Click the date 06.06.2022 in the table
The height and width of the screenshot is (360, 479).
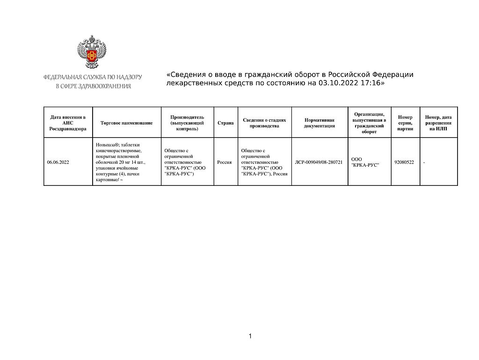pos(58,162)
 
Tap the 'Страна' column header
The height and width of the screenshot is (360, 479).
pos(225,123)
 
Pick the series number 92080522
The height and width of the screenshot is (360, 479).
pos(404,162)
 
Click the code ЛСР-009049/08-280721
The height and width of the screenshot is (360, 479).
pos(319,162)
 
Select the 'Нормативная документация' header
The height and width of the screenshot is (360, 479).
pos(319,123)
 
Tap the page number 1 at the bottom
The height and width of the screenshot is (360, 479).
pos(250,336)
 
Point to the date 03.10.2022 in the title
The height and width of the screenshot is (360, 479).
pos(335,83)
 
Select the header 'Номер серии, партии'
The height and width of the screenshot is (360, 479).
pos(405,123)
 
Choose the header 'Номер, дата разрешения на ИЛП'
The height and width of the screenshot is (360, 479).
pos(438,123)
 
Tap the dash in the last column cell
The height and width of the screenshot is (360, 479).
pos(424,162)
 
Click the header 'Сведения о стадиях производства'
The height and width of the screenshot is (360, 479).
pos(264,123)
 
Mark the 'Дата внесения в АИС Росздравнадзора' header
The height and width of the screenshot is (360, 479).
pos(68,123)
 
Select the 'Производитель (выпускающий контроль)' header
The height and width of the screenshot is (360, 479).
pos(187,123)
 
